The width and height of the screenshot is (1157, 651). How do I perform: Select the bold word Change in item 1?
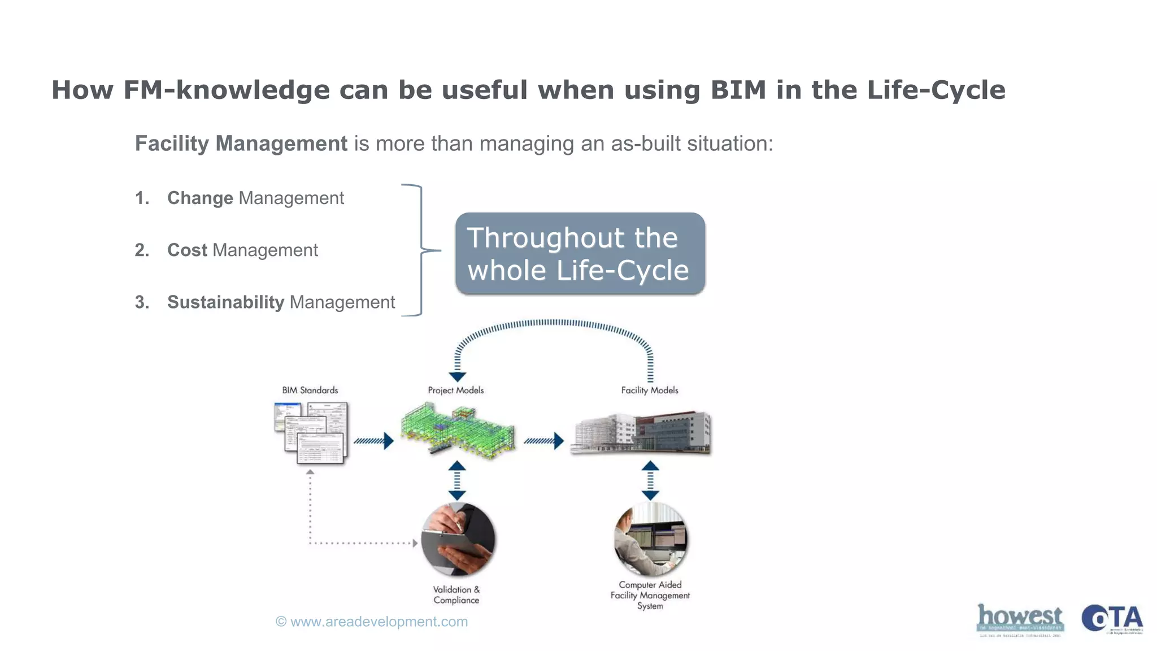pyautogui.click(x=200, y=198)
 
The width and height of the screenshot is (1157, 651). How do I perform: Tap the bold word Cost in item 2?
pyautogui.click(x=187, y=250)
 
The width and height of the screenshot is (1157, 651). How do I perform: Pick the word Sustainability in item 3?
pyautogui.click(x=225, y=302)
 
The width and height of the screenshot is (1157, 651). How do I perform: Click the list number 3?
pyautogui.click(x=142, y=302)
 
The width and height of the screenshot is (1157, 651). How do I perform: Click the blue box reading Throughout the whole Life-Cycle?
pyautogui.click(x=580, y=254)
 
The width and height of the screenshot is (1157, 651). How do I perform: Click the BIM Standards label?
pyautogui.click(x=310, y=390)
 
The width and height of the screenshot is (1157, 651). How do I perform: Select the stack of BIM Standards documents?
pyautogui.click(x=311, y=433)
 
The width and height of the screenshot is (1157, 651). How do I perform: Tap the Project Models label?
pyautogui.click(x=455, y=390)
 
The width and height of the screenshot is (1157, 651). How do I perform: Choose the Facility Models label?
pyautogui.click(x=650, y=390)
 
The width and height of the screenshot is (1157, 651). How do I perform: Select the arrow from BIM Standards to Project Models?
pyautogui.click(x=373, y=441)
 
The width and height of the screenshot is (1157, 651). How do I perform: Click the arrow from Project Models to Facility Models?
pyautogui.click(x=543, y=441)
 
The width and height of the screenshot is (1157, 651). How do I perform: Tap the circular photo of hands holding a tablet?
pyautogui.click(x=458, y=539)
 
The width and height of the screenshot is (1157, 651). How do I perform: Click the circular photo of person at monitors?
pyautogui.click(x=650, y=539)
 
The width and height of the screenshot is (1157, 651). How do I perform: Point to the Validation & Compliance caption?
pyautogui.click(x=456, y=595)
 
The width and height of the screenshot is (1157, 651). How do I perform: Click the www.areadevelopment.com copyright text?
pyautogui.click(x=372, y=622)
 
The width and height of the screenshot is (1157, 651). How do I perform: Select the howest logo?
pyautogui.click(x=1020, y=619)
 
